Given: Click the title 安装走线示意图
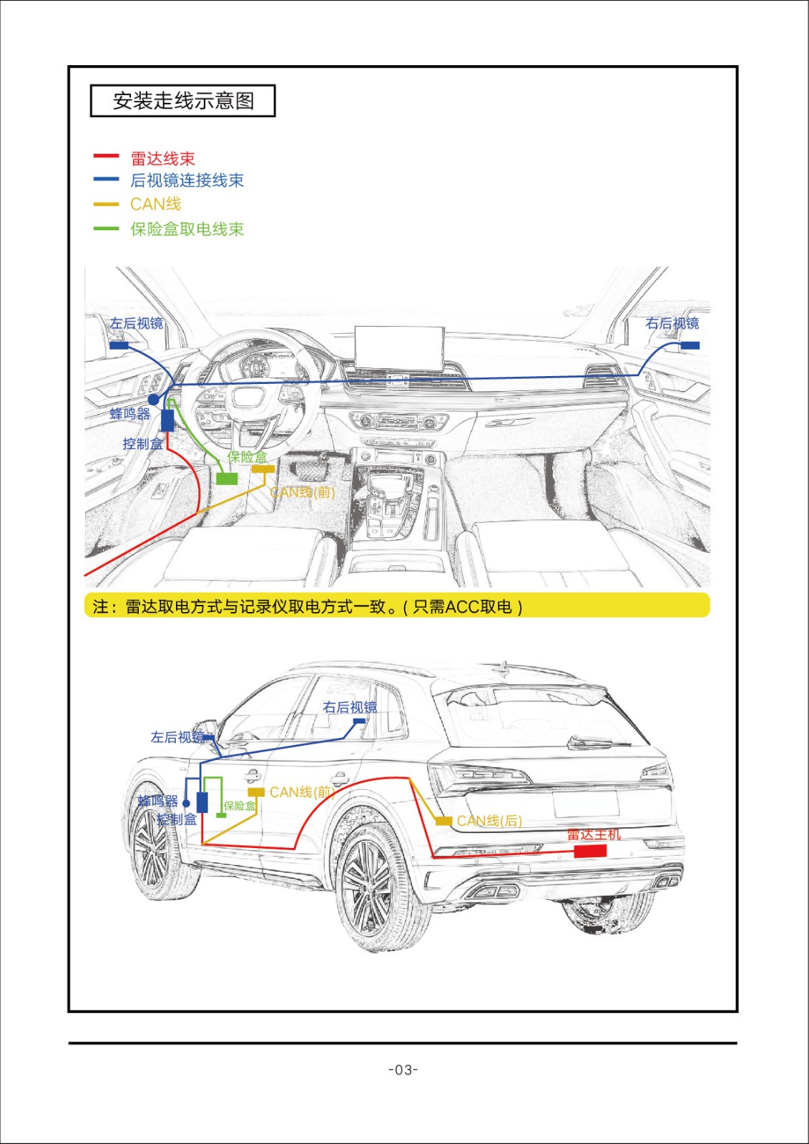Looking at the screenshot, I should [x=183, y=101].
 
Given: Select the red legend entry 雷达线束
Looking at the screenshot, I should [x=162, y=158].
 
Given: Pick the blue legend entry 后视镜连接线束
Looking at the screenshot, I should [x=187, y=180].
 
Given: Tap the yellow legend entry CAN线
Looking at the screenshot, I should [x=155, y=204].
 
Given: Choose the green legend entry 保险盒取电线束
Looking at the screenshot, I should [x=187, y=229].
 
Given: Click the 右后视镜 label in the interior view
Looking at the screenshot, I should [x=672, y=324].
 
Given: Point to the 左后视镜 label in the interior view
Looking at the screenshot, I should [x=137, y=324].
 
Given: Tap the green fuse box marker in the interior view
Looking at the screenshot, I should [x=227, y=478].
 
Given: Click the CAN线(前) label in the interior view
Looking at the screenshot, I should [x=302, y=492].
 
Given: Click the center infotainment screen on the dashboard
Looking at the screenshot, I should [x=399, y=348].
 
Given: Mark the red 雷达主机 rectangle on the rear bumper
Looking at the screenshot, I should [x=590, y=851].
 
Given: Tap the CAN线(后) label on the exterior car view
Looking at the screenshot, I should [x=489, y=821].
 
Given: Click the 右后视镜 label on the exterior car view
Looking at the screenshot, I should [x=349, y=707].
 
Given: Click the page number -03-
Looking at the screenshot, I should [x=403, y=1070].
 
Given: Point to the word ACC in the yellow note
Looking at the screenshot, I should [x=462, y=607].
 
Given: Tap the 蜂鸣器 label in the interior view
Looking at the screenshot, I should [x=130, y=414].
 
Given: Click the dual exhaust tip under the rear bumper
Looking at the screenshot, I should [x=494, y=891].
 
